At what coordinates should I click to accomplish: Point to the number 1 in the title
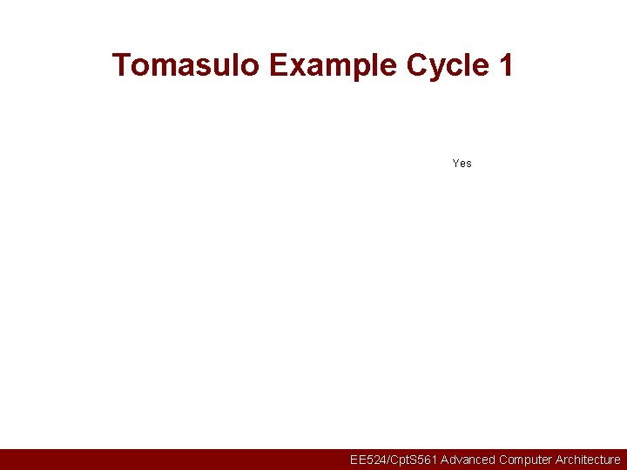[505, 65]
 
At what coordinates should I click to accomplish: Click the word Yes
[462, 163]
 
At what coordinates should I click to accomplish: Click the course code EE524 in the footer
[366, 460]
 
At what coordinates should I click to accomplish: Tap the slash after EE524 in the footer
[385, 460]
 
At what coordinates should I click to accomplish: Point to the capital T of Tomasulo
[121, 65]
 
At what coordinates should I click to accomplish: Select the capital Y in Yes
[456, 163]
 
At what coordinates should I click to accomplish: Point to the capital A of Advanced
[445, 460]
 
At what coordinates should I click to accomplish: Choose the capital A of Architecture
[560, 460]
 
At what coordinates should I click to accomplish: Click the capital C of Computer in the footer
[504, 460]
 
